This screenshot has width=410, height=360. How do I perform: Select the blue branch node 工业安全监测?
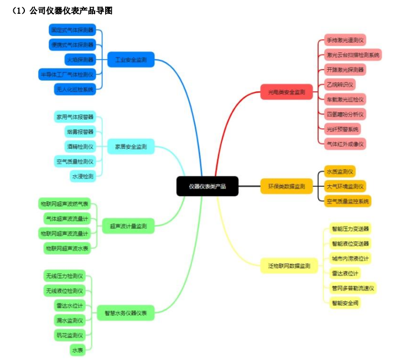tap(131, 59)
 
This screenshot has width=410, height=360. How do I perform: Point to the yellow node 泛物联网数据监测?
tap(289, 265)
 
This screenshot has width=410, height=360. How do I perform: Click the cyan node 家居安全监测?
tap(131, 147)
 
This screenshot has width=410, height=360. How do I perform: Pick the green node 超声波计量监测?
tap(128, 226)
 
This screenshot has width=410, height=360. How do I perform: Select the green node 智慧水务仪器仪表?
tap(126, 313)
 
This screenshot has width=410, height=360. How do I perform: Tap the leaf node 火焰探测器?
tap(80, 59)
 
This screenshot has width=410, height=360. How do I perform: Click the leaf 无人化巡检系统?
tap(74, 88)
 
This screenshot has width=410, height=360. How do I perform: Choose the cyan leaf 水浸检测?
tap(82, 176)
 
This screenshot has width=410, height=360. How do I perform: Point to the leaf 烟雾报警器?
tap(80, 132)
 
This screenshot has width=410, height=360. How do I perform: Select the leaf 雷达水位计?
tap(69, 306)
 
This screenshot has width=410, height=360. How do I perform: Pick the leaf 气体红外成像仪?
tap(346, 143)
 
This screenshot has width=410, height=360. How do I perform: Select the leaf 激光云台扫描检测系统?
tap(352, 55)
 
